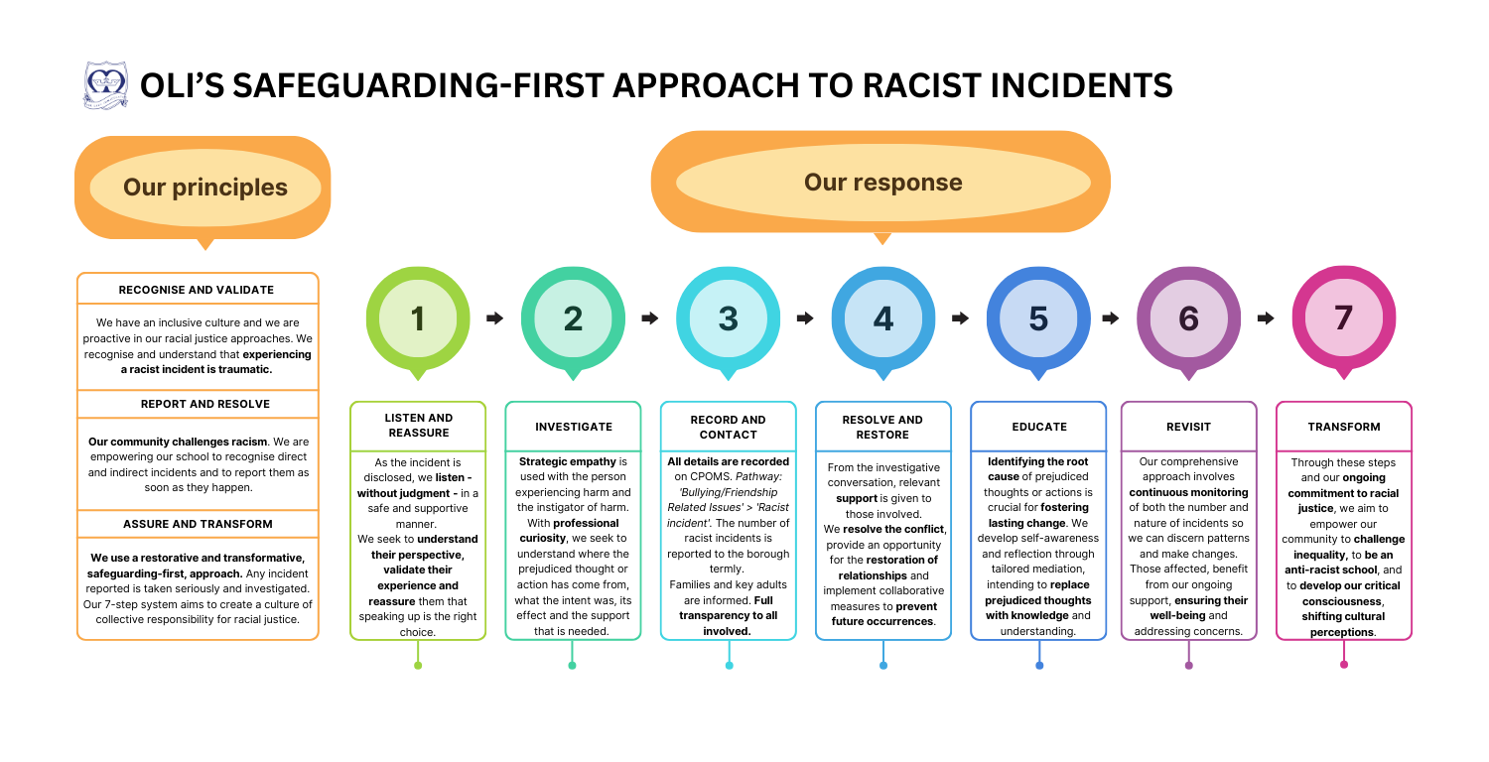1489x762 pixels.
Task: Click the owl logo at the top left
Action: pos(105,85)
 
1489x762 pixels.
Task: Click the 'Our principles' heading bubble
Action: pos(204,187)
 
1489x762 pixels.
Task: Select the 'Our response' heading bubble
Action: pos(882,182)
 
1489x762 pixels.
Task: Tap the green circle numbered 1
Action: pos(418,318)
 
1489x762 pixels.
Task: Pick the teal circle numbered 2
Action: pos(573,318)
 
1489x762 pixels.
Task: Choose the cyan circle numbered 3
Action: pos(728,318)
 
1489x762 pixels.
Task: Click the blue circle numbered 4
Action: pos(883,318)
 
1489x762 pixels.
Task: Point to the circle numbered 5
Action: pos(1038,318)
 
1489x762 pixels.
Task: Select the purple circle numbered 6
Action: pos(1188,318)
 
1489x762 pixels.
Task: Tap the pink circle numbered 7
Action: pos(1343,317)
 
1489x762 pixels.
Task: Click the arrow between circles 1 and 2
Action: pos(495,318)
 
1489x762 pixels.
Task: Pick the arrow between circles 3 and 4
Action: pos(805,318)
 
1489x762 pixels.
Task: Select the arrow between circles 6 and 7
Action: pos(1266,318)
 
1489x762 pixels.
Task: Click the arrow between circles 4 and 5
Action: pos(961,318)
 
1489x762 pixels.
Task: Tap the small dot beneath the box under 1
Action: pos(418,665)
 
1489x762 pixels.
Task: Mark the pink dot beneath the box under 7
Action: pos(1344,664)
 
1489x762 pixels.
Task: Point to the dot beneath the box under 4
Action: pos(883,665)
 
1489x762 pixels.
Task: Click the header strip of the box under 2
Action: pos(573,427)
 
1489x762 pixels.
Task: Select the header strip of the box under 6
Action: pos(1188,427)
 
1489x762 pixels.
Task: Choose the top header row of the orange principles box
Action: pos(198,288)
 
